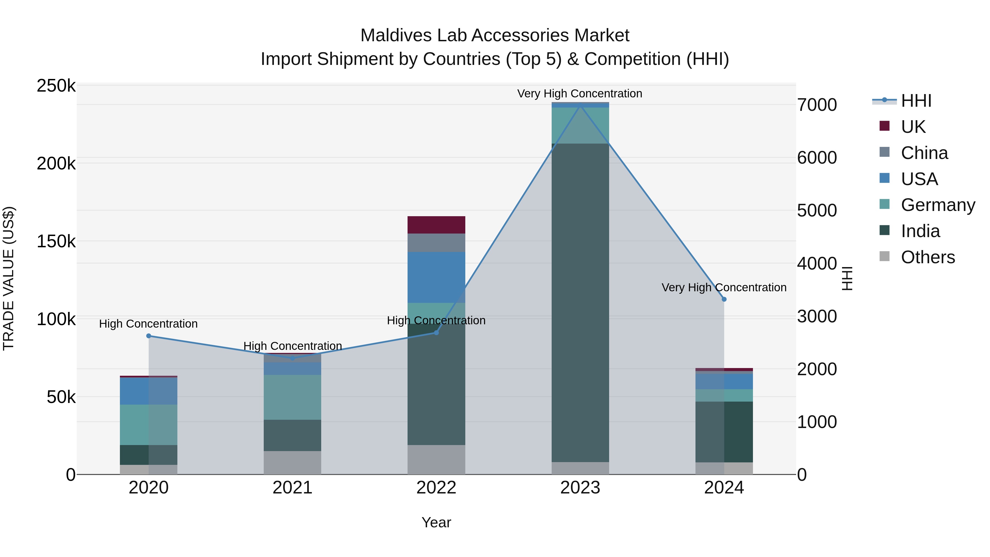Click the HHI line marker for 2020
[x=149, y=336]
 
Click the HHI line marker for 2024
[x=724, y=299]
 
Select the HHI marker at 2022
[x=436, y=333]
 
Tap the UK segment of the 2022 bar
[x=436, y=225]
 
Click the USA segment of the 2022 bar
[x=436, y=277]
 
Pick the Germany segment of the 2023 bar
[x=580, y=125]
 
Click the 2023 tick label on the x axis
[x=580, y=487]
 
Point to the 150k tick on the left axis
[x=56, y=242]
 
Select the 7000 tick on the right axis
[x=817, y=105]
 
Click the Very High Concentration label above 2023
[x=579, y=94]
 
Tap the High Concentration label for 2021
[x=293, y=346]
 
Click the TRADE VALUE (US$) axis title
[x=9, y=278]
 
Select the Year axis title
[x=436, y=522]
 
